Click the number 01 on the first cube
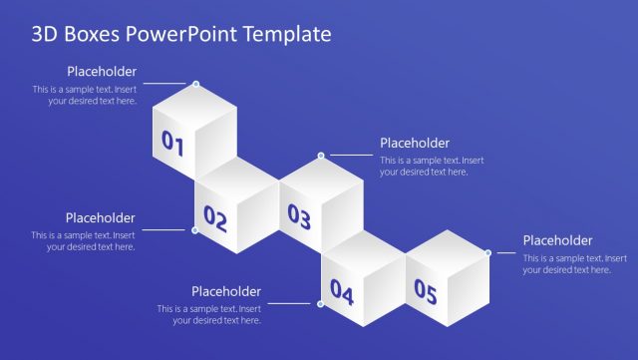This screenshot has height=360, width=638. [x=173, y=146]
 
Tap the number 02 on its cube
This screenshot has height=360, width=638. [x=215, y=216]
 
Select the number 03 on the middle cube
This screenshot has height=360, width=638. [x=299, y=215]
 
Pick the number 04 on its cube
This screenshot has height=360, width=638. [x=342, y=292]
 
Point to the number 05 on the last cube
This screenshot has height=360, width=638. [x=426, y=292]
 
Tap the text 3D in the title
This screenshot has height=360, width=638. [x=44, y=35]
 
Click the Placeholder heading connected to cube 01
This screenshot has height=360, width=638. [x=102, y=72]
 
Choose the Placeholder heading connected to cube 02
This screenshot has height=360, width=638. [x=100, y=218]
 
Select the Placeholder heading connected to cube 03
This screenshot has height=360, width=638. [x=415, y=144]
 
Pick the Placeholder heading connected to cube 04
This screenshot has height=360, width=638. [x=226, y=292]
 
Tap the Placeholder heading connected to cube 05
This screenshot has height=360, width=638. [x=557, y=240]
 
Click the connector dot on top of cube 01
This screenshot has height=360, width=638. [x=195, y=84]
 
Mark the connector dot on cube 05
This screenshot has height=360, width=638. [x=487, y=252]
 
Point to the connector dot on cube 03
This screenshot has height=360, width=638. [x=321, y=156]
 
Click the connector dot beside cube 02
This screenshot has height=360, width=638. [x=194, y=230]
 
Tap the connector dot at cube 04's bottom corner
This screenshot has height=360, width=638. [x=320, y=304]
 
